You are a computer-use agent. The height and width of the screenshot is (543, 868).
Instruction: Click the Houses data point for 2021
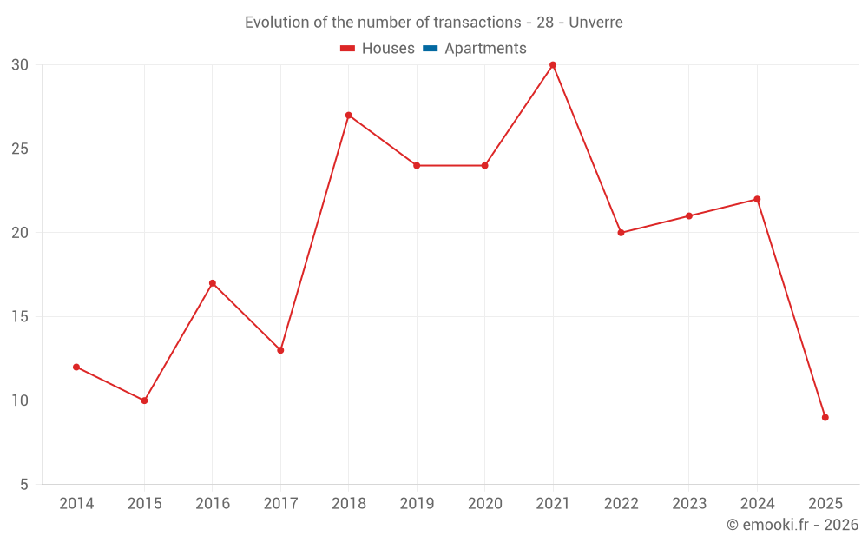pos(553,65)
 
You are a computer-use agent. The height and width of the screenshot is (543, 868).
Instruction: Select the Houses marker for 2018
pos(348,116)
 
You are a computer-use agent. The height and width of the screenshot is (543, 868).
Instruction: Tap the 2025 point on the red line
pos(825,417)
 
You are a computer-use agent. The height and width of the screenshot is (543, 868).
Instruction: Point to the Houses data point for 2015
pos(144,401)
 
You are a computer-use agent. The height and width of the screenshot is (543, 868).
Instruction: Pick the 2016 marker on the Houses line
pos(213,283)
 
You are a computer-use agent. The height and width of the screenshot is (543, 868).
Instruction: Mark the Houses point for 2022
pos(621,233)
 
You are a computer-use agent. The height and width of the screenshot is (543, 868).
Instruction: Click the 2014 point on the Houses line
pos(76,367)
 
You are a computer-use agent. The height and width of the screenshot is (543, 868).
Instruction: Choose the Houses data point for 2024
pos(757,199)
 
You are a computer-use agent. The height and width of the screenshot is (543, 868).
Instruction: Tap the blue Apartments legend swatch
pos(430,49)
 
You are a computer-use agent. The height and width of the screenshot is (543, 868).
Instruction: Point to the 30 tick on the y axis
pos(20,65)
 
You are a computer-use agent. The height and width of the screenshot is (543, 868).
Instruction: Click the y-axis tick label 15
pos(20,317)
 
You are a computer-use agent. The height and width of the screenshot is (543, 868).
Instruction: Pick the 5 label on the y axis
pos(24,485)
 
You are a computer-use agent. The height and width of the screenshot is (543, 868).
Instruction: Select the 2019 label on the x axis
pos(417,504)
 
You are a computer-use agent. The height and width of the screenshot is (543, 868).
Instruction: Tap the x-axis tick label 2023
pos(689,504)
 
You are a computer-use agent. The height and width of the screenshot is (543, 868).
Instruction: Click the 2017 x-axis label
pos(280,504)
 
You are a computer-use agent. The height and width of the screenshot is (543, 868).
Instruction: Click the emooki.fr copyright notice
pos(792,525)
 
